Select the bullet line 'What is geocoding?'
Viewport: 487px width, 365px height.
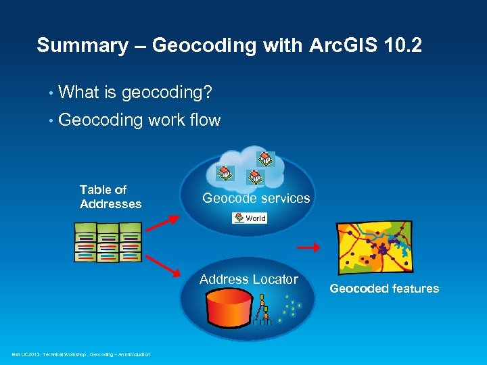(x=124, y=92)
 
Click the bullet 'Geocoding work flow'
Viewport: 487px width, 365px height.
(x=139, y=120)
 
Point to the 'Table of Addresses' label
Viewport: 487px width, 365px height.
(x=110, y=197)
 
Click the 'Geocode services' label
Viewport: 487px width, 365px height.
(x=256, y=198)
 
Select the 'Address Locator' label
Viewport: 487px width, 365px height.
(x=248, y=279)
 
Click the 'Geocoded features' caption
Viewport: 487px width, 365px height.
(x=384, y=289)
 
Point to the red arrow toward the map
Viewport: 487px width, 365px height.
(x=308, y=248)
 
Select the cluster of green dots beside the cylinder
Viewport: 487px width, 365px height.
(x=292, y=308)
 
